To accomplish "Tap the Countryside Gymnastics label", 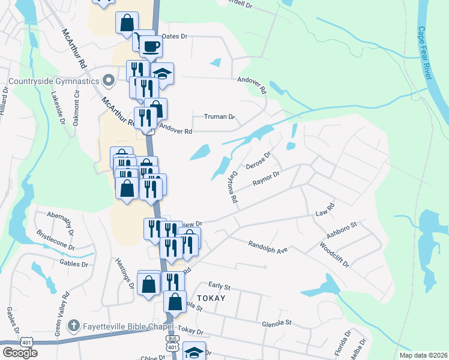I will click(54, 81).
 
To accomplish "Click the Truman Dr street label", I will click(219, 116).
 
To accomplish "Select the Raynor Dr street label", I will click(267, 179).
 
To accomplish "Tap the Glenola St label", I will click(276, 323).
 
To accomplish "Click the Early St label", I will click(220, 287).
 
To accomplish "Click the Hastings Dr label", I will click(125, 273).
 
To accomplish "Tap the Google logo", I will click(20, 352).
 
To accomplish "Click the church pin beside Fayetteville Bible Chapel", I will click(73, 326).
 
